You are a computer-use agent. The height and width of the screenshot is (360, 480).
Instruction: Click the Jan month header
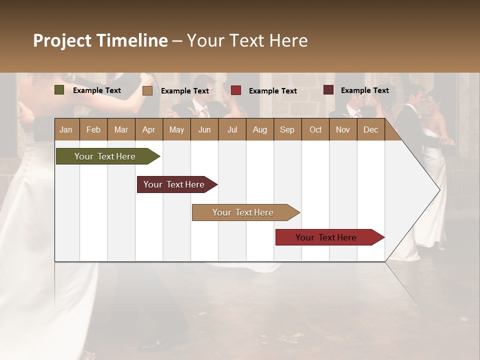[66, 129]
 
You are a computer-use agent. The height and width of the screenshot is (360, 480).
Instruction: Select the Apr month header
[148, 129]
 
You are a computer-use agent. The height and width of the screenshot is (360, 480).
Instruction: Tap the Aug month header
[259, 129]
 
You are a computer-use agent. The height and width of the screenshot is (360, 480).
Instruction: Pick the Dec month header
[370, 129]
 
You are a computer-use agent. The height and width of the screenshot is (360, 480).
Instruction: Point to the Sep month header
[287, 129]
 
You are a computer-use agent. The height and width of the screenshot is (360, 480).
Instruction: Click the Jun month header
[204, 129]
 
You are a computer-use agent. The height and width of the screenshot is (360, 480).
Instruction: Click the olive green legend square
[59, 90]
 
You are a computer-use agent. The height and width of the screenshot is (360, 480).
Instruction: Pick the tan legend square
[147, 90]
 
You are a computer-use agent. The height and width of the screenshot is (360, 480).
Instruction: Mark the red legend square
[236, 90]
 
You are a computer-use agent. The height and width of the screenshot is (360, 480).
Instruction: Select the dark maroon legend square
[328, 90]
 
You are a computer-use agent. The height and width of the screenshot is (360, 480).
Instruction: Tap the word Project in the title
[62, 40]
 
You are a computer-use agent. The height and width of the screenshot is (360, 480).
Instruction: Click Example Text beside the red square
[272, 90]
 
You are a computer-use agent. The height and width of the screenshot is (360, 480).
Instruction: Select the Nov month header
[342, 129]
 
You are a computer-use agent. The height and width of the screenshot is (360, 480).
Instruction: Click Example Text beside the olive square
[96, 90]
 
